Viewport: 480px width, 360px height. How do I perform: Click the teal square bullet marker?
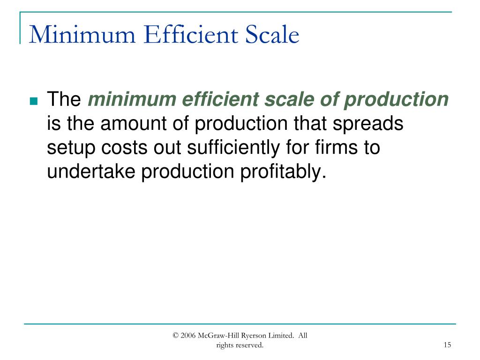click(x=33, y=101)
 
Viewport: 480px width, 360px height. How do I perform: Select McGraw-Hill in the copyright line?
click(x=219, y=335)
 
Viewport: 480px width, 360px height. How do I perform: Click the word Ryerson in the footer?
click(x=255, y=335)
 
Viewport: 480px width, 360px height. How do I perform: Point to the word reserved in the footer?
click(x=250, y=345)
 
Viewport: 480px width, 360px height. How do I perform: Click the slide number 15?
click(x=447, y=345)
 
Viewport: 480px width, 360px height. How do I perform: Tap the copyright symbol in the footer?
click(x=176, y=335)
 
